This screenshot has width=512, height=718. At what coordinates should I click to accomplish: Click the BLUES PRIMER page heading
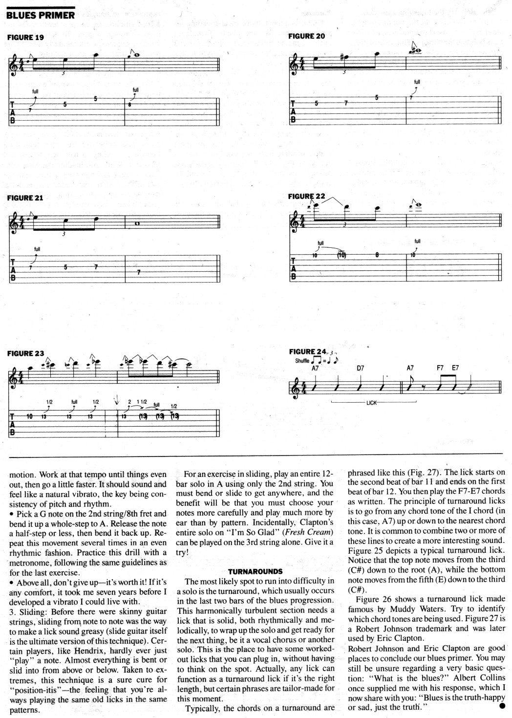(x=40, y=15)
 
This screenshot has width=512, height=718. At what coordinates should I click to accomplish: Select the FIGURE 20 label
(x=306, y=36)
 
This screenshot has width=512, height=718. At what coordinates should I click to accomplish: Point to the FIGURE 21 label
(x=25, y=198)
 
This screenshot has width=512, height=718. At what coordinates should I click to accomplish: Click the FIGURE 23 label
(x=25, y=353)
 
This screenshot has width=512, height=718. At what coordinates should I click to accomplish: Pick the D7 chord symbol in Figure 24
(x=360, y=368)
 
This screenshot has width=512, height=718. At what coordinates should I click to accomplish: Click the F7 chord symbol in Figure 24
(x=440, y=368)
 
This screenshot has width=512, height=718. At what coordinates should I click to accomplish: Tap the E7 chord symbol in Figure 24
(x=455, y=368)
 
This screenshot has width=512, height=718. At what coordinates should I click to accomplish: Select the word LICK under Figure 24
(x=372, y=403)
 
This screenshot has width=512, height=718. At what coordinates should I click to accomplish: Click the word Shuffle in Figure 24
(x=303, y=361)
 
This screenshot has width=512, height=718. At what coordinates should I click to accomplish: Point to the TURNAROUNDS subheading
(x=255, y=571)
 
